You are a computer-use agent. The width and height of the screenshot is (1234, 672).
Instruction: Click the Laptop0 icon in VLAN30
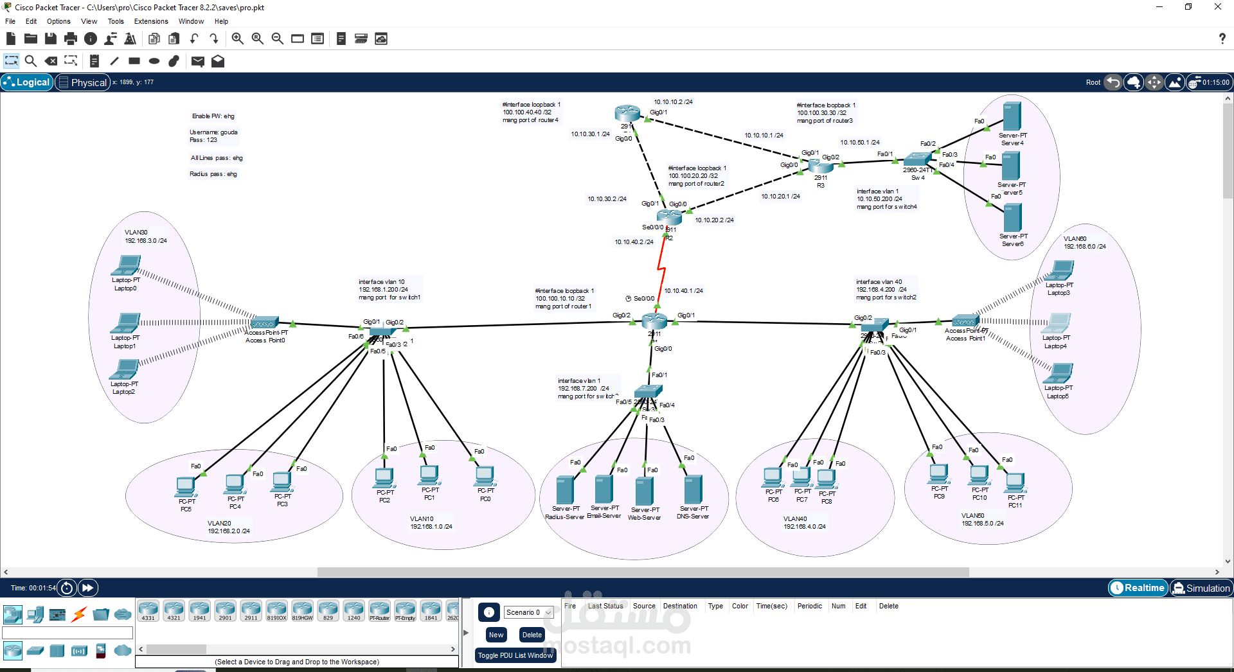(126, 265)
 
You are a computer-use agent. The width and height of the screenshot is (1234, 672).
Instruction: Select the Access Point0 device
(265, 323)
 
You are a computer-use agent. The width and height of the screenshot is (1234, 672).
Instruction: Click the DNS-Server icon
(693, 490)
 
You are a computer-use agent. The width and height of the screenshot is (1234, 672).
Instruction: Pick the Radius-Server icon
(564, 490)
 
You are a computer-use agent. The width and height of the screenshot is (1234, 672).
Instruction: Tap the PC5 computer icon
(186, 487)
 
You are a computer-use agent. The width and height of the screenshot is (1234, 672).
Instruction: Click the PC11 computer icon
(1015, 482)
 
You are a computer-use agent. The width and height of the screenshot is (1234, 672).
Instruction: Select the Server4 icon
(1012, 117)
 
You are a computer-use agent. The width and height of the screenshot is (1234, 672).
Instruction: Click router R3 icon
(821, 165)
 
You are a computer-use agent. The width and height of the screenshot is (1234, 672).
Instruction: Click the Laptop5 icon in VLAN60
(1059, 373)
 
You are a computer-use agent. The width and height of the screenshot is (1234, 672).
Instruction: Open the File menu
(10, 21)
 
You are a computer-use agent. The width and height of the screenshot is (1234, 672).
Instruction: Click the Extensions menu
(151, 21)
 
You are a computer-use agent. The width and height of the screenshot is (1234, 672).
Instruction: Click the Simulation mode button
(1201, 588)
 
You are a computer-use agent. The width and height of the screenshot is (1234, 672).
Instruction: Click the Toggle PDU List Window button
(515, 655)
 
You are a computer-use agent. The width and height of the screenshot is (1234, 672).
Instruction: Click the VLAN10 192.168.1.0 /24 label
(431, 522)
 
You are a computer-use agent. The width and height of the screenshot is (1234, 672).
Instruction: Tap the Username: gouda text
(213, 132)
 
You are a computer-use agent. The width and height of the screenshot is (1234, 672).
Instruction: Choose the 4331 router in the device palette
(148, 610)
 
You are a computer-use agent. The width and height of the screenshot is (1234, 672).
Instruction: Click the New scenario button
(496, 635)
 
